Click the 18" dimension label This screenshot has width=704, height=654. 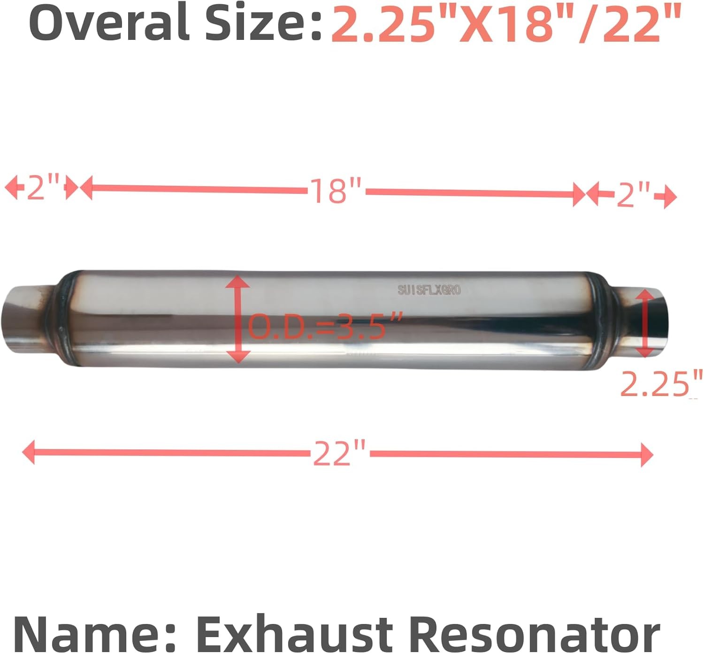336,191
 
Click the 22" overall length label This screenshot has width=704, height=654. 339,453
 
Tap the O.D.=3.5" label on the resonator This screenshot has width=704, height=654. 324,326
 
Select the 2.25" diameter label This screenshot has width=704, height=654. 661,384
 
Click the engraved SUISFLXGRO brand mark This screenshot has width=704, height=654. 429,290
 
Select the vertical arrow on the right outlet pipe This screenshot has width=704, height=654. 646,323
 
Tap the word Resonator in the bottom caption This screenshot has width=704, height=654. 535,633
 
